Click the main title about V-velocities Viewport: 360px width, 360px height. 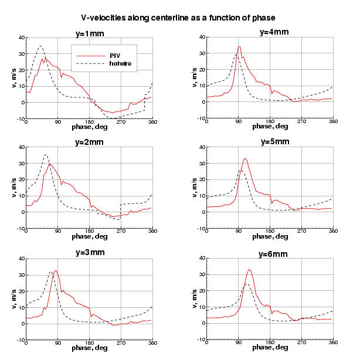coord(180,18)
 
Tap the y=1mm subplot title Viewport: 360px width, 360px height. coord(89,31)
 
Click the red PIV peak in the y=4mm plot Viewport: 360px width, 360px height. coord(239,47)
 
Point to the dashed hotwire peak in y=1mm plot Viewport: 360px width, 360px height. coord(40,46)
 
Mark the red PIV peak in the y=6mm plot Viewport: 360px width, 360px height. coord(249,270)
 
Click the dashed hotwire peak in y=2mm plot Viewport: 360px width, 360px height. coord(46,154)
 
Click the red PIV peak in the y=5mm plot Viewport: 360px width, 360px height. coord(245,158)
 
